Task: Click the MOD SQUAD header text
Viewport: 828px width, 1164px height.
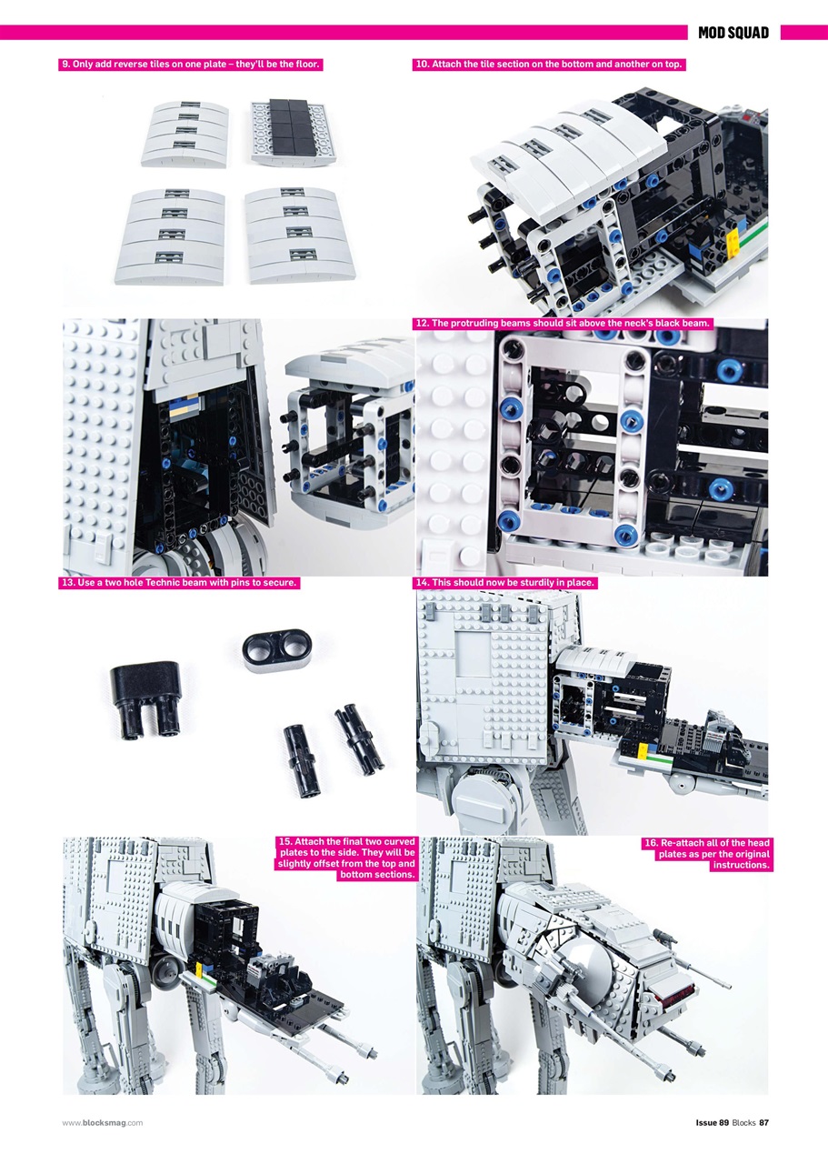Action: (733, 33)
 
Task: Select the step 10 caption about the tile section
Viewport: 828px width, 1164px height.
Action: (548, 65)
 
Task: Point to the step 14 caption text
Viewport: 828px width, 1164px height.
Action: (505, 583)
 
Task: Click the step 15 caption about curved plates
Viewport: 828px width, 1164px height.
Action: (344, 858)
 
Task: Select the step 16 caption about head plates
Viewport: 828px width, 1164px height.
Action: (706, 854)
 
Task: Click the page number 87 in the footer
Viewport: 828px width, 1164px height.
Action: (763, 1122)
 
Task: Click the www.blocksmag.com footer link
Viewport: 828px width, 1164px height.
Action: (103, 1122)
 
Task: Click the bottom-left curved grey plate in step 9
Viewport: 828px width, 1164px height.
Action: (179, 234)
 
